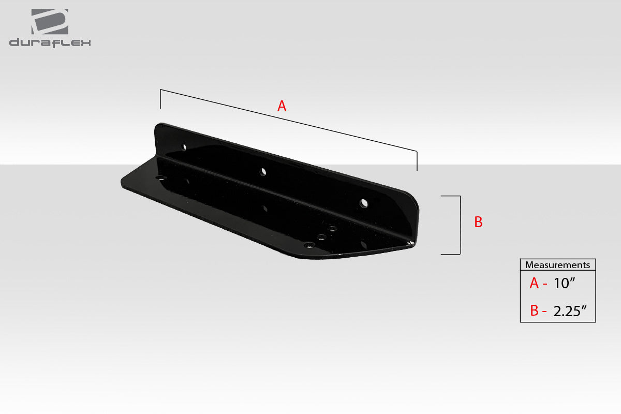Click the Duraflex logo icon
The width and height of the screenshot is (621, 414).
pyautogui.click(x=50, y=22)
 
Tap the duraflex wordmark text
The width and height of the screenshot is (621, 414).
pyautogui.click(x=50, y=43)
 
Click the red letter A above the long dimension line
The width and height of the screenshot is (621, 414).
pyautogui.click(x=282, y=106)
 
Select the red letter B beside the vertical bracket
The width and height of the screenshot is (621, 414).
pyautogui.click(x=478, y=222)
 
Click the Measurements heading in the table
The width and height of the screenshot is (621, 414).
pyautogui.click(x=557, y=265)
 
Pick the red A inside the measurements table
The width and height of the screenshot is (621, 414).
pyautogui.click(x=535, y=283)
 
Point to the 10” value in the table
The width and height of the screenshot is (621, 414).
pyautogui.click(x=564, y=283)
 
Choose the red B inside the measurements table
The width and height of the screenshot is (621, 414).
pyautogui.click(x=535, y=310)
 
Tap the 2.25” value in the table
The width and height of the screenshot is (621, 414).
pyautogui.click(x=569, y=310)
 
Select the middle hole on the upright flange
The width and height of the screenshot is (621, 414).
pyautogui.click(x=263, y=171)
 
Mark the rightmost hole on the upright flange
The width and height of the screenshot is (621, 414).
pyautogui.click(x=364, y=202)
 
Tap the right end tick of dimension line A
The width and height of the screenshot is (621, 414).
pyautogui.click(x=417, y=160)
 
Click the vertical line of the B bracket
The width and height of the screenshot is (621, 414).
pyautogui.click(x=460, y=225)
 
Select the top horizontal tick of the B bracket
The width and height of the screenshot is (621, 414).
pyautogui.click(x=450, y=196)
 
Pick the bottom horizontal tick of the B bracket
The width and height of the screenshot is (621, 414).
pyautogui.click(x=450, y=254)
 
